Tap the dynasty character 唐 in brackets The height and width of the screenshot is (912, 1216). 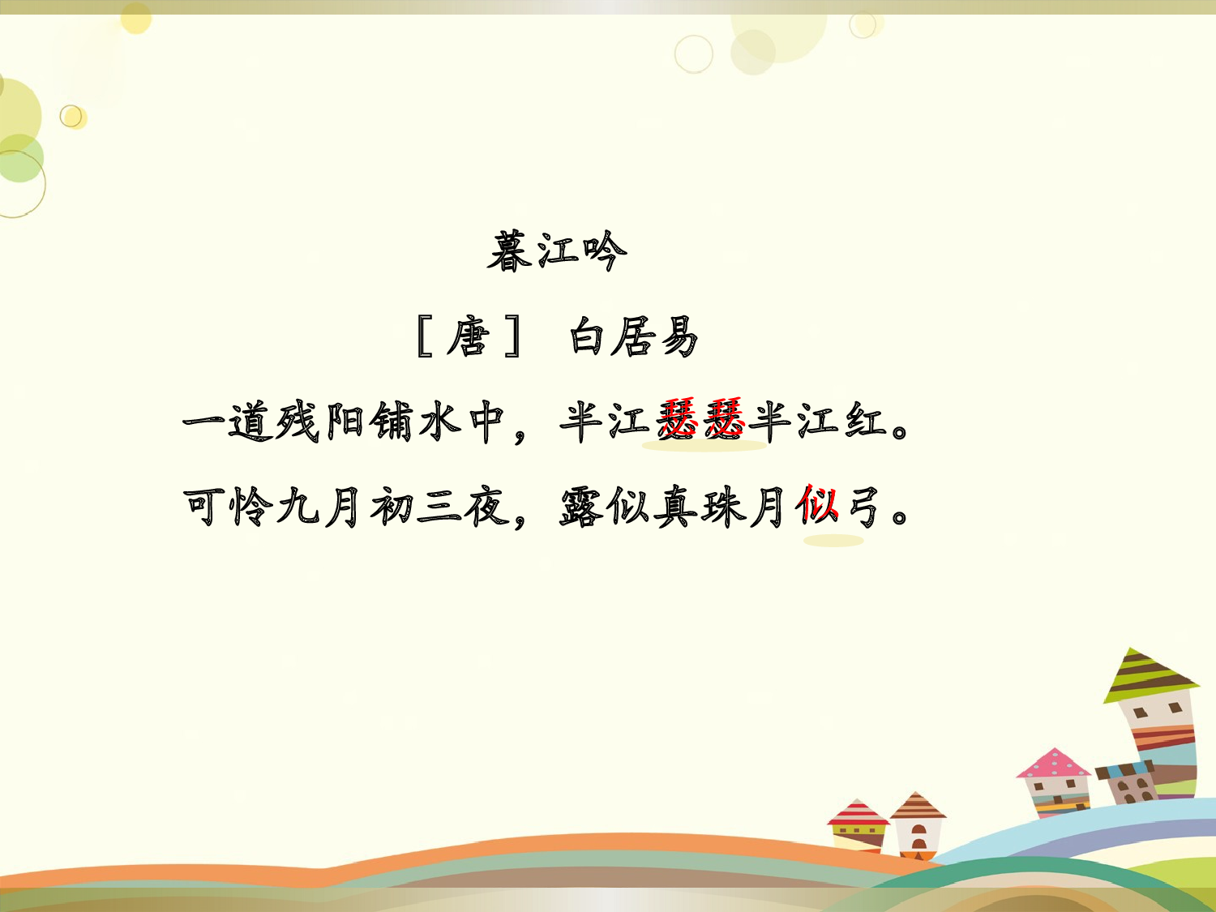469,337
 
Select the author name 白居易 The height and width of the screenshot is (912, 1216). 633,337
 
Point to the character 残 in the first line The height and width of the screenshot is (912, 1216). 299,422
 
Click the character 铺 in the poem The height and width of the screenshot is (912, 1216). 393,422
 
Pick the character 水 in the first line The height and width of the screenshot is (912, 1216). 440,422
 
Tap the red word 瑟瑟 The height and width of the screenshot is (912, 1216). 702,420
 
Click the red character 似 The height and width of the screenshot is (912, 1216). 817,507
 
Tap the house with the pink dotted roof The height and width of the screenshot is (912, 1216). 1054,782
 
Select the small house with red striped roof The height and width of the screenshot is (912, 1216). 857,825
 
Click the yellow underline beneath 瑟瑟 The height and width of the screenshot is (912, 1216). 704,446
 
